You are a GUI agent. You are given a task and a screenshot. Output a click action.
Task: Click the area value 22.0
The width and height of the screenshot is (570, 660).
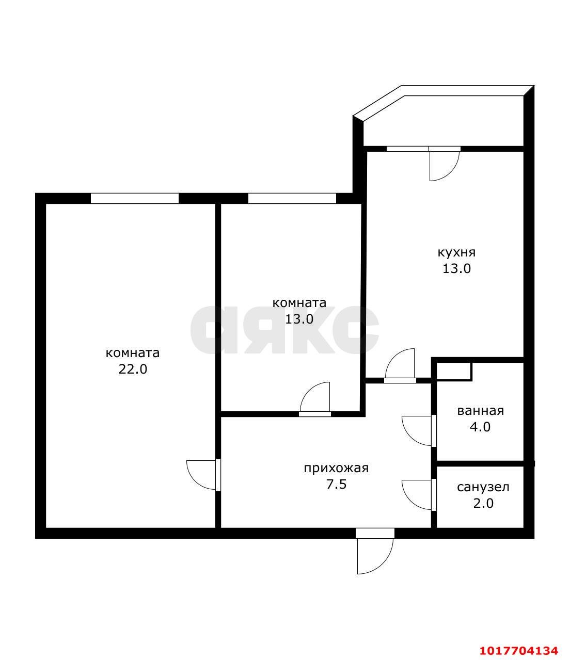(x=133, y=369)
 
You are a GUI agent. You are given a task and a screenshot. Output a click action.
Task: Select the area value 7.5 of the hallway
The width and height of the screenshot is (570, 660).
(x=336, y=485)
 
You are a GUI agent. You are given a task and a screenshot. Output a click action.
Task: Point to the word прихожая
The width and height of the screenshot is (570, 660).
(x=336, y=469)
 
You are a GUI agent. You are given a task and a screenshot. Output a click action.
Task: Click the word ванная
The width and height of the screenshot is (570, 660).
(x=480, y=411)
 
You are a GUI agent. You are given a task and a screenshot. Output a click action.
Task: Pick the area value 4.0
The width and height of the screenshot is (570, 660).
(x=480, y=427)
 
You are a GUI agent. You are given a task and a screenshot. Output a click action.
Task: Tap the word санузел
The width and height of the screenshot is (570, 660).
(x=483, y=487)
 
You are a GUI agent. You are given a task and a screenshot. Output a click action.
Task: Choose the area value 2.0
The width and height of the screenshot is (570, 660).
(x=483, y=504)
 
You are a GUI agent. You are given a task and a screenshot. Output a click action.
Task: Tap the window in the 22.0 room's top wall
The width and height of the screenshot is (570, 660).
(x=135, y=198)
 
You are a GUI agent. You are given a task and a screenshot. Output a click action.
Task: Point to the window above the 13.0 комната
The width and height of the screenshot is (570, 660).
(x=292, y=198)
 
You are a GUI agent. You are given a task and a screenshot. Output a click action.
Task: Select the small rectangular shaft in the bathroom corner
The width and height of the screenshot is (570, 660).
(x=454, y=372)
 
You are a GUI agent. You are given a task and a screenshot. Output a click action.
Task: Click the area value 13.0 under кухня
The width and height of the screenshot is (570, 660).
(x=456, y=268)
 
